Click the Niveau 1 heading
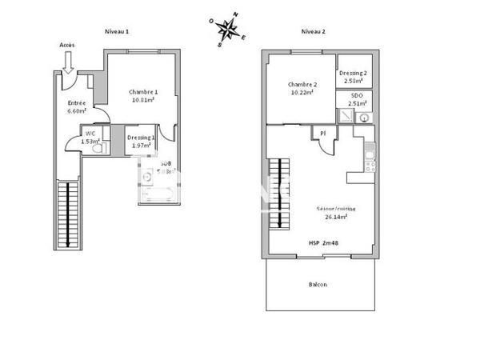coord(118,30)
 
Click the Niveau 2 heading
coord(313,30)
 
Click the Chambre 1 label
coord(144,92)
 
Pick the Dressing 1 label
coord(141,138)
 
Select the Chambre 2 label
coord(302,85)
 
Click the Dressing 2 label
coord(353,72)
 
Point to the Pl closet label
coord(323,133)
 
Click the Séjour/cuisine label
coord(335,208)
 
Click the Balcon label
coord(318,284)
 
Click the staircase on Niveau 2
coord(278,191)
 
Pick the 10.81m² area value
coord(145,100)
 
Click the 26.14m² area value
coord(336,216)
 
